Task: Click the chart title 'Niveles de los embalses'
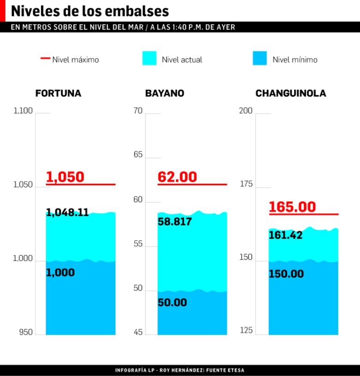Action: coord(90,11)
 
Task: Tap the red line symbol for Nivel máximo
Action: coord(45,59)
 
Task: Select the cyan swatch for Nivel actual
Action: coord(149,59)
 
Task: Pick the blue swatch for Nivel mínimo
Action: coord(260,59)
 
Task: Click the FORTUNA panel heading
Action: coord(58,93)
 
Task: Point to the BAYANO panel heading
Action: coord(165,93)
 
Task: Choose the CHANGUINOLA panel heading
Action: coord(291,93)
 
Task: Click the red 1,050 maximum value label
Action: coord(65,177)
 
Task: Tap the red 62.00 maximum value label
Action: coord(177,177)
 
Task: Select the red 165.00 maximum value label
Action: coord(292,207)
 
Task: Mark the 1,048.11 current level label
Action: coord(67,213)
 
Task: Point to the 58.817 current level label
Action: coord(175,222)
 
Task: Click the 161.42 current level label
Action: coord(286,236)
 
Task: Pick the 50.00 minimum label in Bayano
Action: coord(172,303)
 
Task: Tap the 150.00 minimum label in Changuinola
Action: coord(286,274)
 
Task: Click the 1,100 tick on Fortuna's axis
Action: coord(23,111)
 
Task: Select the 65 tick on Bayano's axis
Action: coord(138,155)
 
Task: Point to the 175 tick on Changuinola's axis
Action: coord(246,184)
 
